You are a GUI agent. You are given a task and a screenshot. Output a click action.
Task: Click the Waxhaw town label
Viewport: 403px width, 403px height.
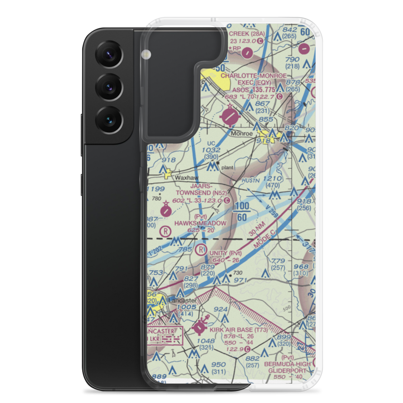pyautogui.click(x=185, y=177)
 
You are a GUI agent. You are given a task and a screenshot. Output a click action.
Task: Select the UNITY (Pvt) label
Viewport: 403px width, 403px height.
pyautogui.click(x=226, y=253)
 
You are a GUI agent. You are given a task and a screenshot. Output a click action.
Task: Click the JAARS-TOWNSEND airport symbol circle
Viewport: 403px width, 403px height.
pyautogui.click(x=165, y=210)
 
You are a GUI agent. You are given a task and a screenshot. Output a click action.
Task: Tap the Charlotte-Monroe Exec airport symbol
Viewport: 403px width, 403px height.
pyautogui.click(x=230, y=116)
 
